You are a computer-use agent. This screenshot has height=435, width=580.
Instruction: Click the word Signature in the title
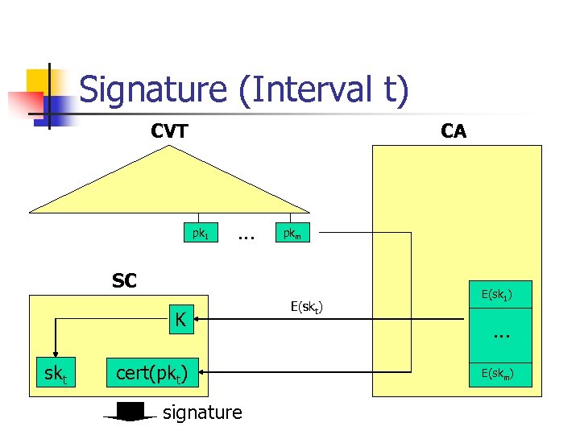coord(154,90)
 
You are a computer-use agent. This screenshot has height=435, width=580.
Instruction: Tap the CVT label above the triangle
coord(169,131)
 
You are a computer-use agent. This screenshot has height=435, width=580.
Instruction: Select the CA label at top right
coord(453,131)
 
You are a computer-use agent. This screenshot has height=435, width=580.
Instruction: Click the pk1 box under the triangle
coord(199,234)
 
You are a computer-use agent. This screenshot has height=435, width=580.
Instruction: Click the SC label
coord(124,280)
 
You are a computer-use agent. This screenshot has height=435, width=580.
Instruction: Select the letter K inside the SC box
coord(182,320)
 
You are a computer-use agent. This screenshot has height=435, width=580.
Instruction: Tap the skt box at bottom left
coord(56,373)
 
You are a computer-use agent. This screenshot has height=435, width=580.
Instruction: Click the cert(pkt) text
coord(152,373)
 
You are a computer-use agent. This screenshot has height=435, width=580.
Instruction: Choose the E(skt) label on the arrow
coord(308,306)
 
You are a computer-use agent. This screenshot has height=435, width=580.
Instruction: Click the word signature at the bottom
coord(201,412)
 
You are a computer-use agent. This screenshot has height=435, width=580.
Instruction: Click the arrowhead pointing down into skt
coord(56,353)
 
